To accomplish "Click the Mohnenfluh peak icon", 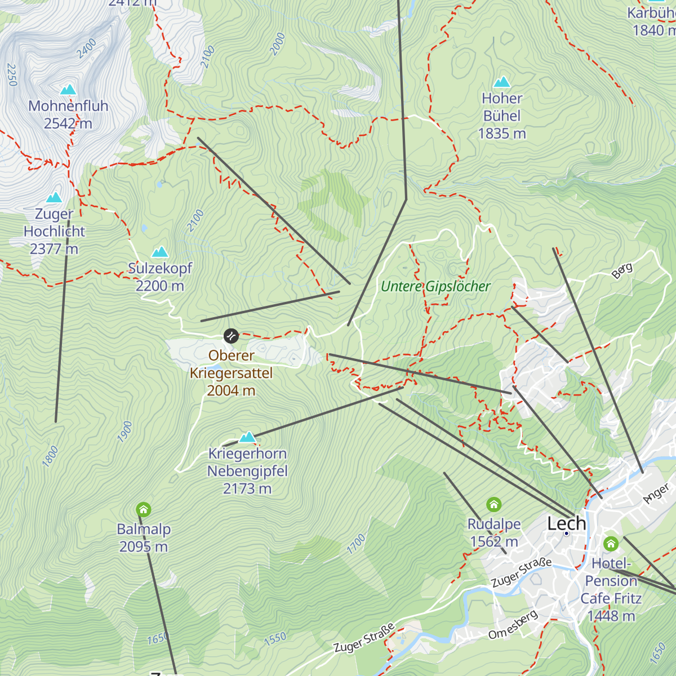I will (x=68, y=90).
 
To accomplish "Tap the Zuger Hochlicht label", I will (x=54, y=231).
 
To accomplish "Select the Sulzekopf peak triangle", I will (x=161, y=252).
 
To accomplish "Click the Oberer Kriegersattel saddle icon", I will (x=231, y=336).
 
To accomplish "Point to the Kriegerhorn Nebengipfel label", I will (x=247, y=471).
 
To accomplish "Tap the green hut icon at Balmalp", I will (x=144, y=510).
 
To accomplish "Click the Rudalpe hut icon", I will (x=494, y=504).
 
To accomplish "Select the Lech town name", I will (x=566, y=523).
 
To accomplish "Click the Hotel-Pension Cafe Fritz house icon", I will (x=611, y=544).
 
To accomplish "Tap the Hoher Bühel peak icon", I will (x=501, y=82).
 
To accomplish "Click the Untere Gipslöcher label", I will (x=435, y=286).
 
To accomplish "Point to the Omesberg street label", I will (x=513, y=625).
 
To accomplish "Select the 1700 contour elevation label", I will (x=356, y=544).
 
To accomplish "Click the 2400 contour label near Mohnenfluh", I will (x=87, y=48).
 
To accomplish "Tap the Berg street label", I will (x=622, y=270).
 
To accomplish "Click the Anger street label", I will (x=656, y=493).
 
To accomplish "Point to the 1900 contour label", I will (x=125, y=431).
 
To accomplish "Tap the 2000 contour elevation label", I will (x=277, y=44).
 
